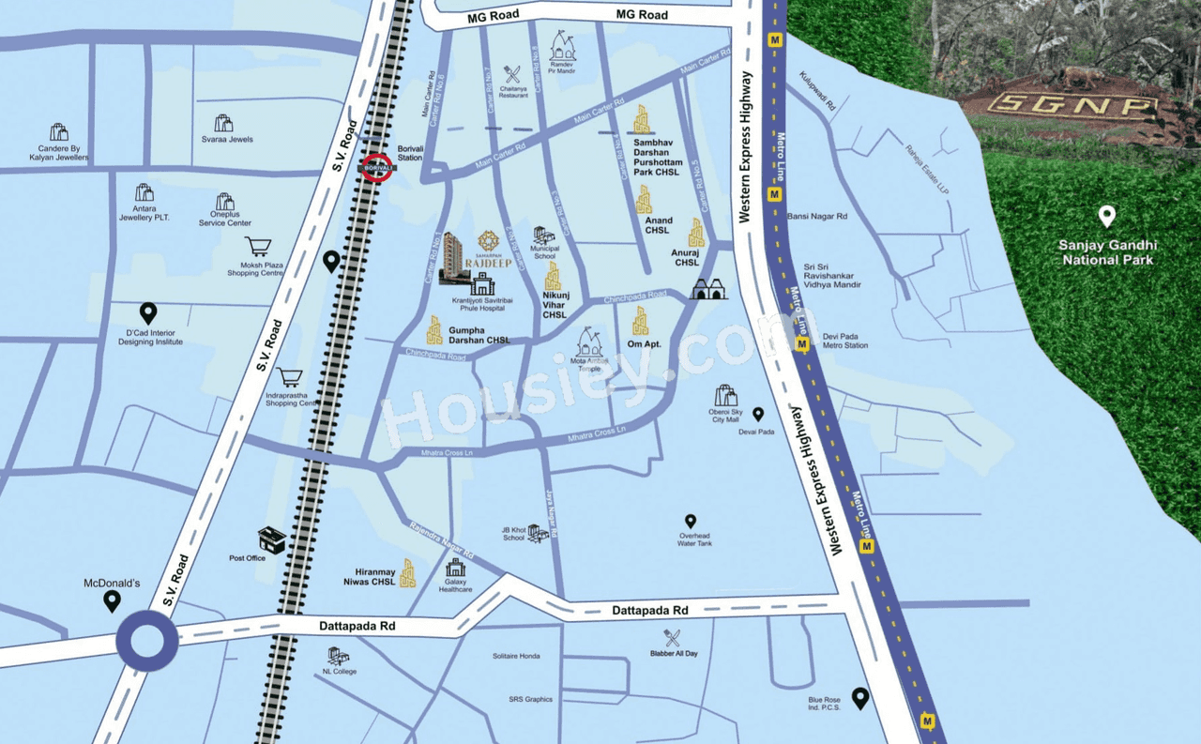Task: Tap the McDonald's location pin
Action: pos(112,600)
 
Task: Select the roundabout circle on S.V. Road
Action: pos(147,643)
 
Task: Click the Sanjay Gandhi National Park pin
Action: pos(1107,217)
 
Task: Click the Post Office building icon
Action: pos(271,539)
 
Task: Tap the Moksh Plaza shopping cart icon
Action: pos(257,248)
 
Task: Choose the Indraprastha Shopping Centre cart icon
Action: pos(290,378)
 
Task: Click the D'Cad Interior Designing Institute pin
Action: pos(148,312)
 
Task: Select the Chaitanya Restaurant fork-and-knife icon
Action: pos(512,74)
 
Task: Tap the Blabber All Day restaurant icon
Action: pos(673,638)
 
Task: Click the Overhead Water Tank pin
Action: pos(691,521)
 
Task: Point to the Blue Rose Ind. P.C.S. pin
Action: pos(859,697)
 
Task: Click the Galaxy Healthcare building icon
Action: pos(455,568)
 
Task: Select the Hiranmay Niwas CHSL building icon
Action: pos(407,573)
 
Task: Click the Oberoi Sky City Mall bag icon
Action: pos(724,395)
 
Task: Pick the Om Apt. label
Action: pos(644,344)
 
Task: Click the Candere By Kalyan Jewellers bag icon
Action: pos(59,131)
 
